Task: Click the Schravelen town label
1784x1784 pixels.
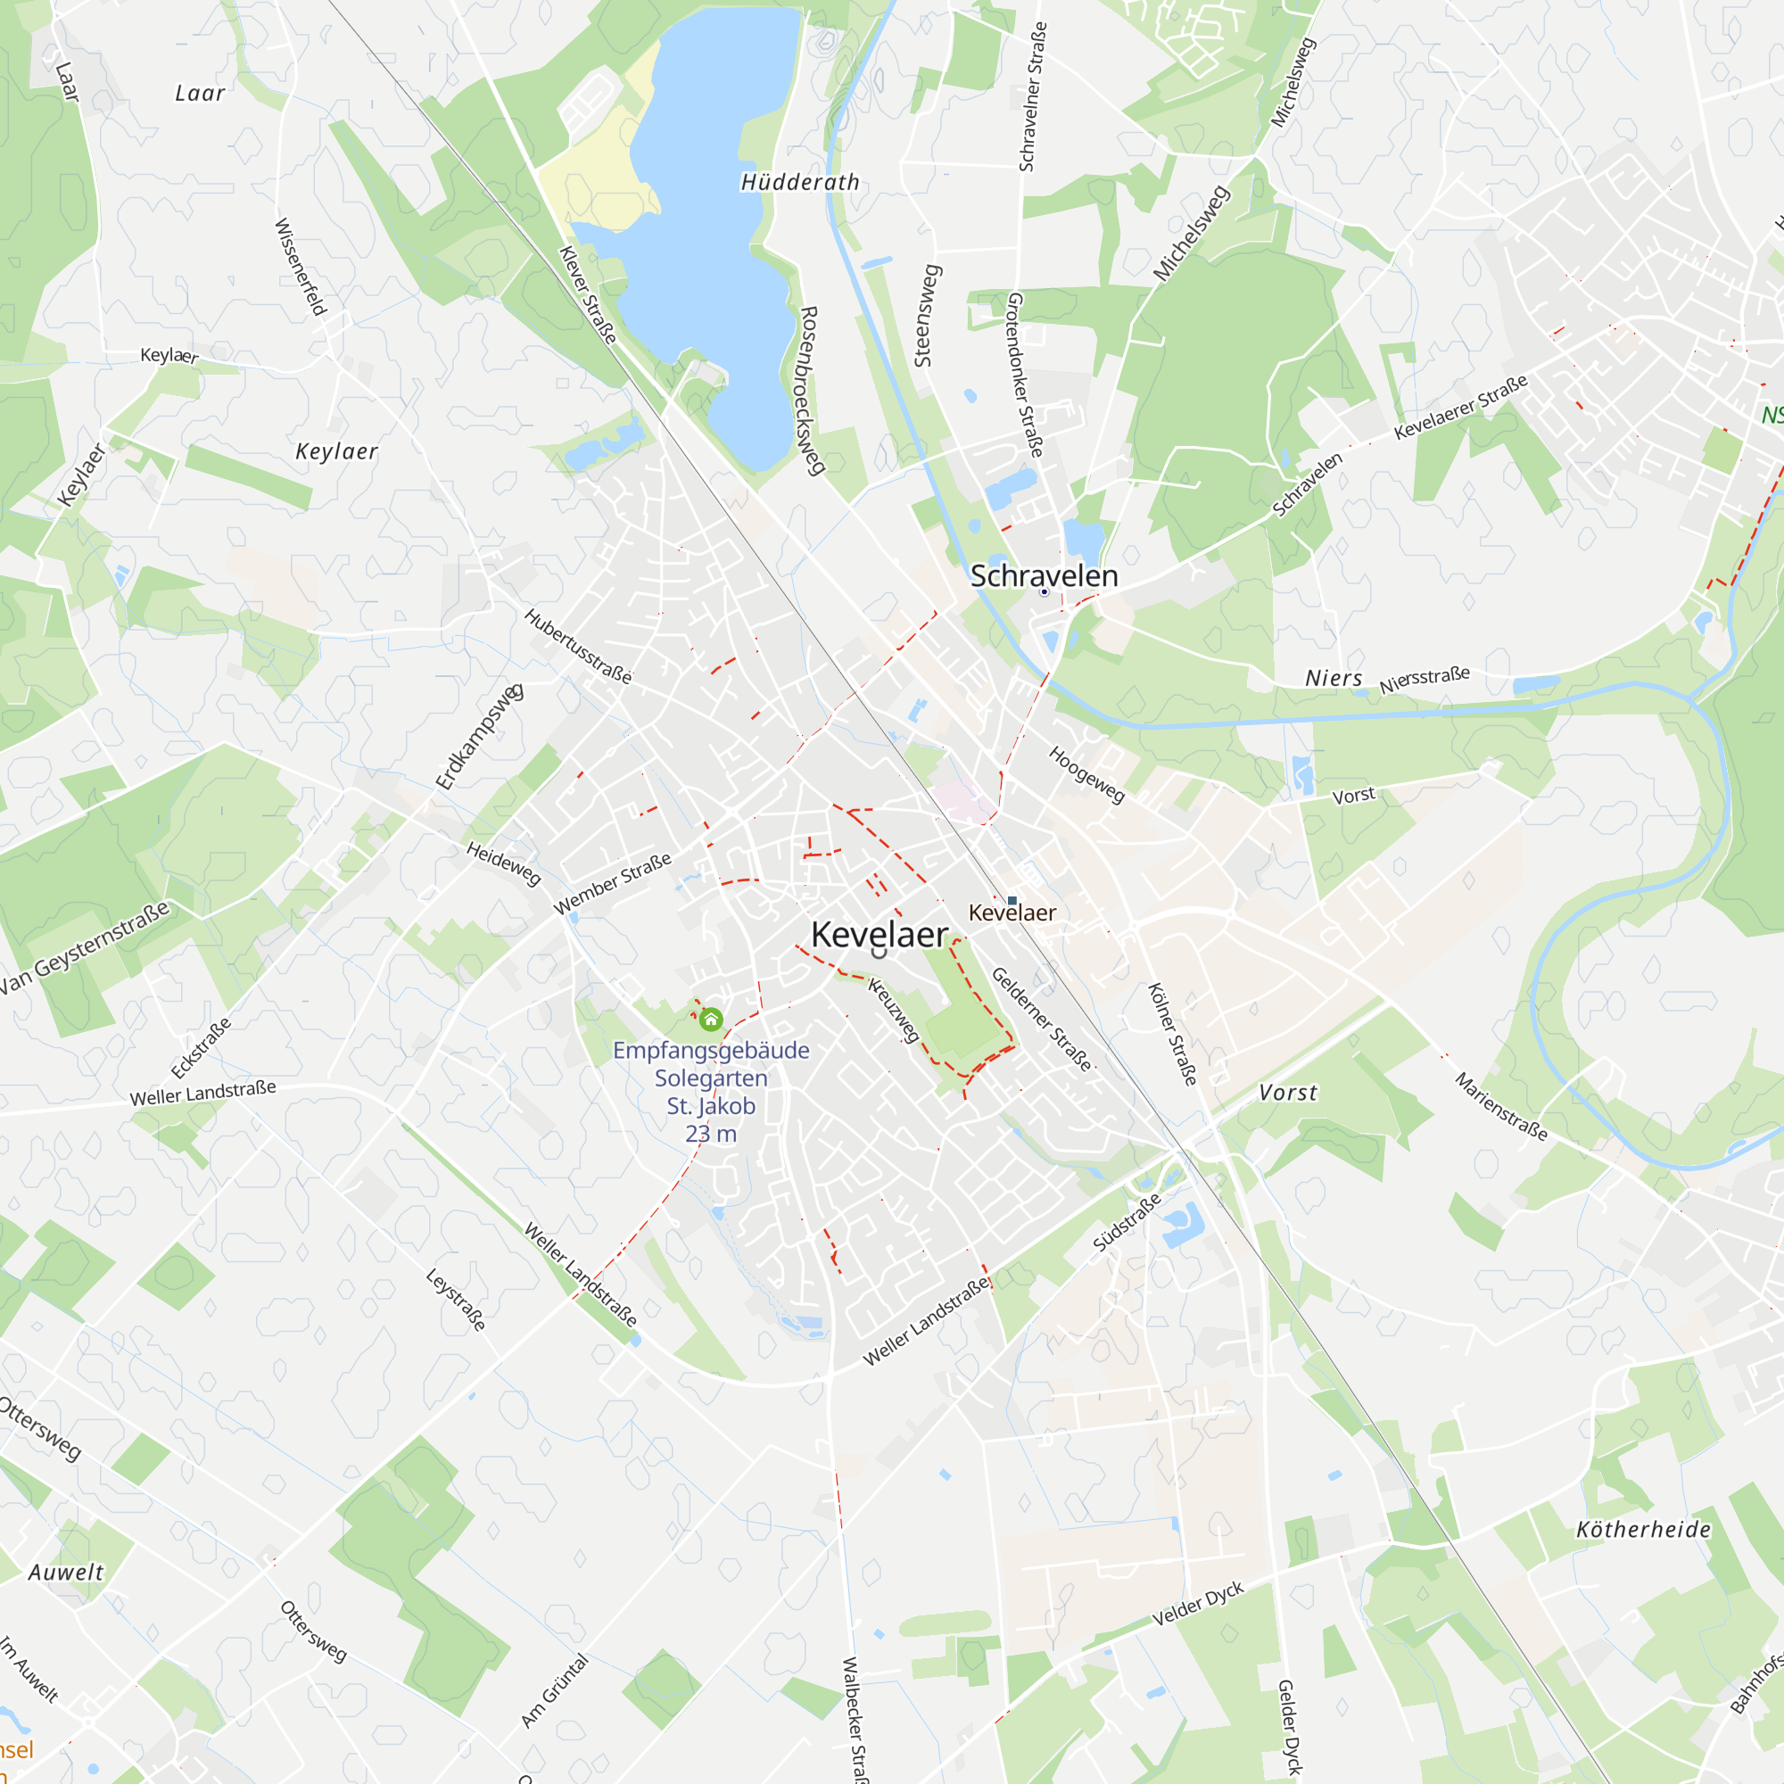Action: coord(1044,575)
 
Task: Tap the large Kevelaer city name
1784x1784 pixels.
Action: coord(880,934)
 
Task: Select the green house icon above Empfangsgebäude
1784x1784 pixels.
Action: coord(710,1020)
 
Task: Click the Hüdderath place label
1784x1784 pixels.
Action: coord(799,182)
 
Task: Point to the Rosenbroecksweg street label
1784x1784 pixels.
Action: coord(810,391)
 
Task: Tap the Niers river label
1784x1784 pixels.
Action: coord(1334,678)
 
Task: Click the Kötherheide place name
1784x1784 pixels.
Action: coord(1644,1529)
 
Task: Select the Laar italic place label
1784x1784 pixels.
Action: coord(200,93)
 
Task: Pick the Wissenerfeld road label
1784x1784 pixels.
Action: coord(301,267)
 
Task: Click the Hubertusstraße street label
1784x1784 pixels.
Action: coord(578,647)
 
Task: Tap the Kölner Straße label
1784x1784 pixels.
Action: coord(1172,1033)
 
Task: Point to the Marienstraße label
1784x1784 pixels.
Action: coord(1500,1106)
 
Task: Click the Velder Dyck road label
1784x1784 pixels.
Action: coord(1198,1604)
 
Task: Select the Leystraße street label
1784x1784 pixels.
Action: coord(455,1298)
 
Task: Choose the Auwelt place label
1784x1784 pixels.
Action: coord(65,1572)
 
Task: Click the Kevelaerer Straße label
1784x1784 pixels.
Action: coord(1461,406)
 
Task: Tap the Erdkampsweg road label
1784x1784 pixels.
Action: coord(479,737)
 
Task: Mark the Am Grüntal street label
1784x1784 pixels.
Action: coord(554,1690)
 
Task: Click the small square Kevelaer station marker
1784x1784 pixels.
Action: coord(1012,900)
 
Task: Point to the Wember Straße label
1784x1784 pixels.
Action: coord(612,884)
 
